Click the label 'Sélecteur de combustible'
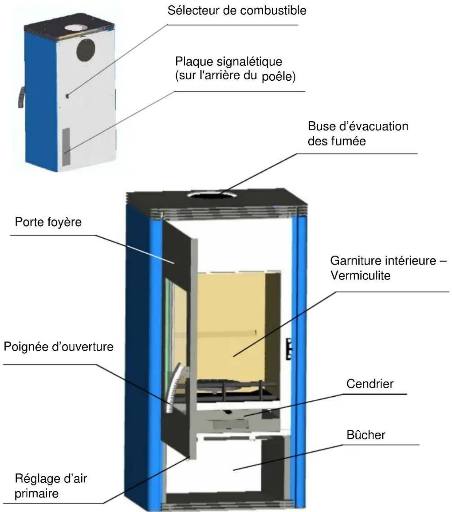pos(237,11)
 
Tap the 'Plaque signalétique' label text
pos(229,62)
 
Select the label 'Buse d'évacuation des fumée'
pos(358,134)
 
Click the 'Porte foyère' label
pos(48,222)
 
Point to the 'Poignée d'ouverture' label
pos(58,347)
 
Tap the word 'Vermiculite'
pos(360,275)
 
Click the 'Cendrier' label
pos(370,384)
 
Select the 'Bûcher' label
pos(366,435)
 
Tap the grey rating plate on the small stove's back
pos(66,147)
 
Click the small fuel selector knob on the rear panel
pos(67,96)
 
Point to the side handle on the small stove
pos(21,97)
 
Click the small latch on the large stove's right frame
pos(289,349)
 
